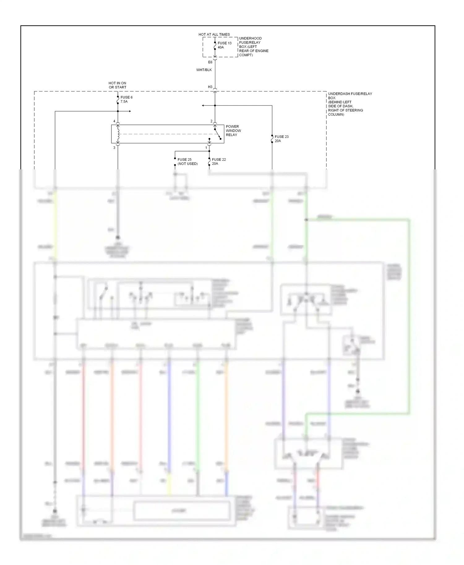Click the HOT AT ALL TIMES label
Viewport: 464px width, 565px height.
tap(214, 34)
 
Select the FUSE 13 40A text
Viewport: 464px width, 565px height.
tap(225, 45)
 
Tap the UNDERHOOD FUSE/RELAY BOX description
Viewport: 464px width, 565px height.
tap(254, 47)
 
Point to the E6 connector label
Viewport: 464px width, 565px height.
tap(210, 62)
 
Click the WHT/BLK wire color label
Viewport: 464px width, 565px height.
tap(204, 70)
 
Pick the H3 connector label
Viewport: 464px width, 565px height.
tap(210, 87)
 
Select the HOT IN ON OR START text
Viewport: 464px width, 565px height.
tap(117, 85)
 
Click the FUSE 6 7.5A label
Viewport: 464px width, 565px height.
tap(127, 99)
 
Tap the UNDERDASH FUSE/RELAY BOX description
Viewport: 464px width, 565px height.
tap(350, 104)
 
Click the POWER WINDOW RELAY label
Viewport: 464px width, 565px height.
tap(233, 130)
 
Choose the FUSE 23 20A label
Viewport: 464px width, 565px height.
tap(281, 138)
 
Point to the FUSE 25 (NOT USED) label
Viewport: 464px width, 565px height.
tap(187, 162)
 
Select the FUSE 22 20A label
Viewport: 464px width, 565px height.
tap(219, 161)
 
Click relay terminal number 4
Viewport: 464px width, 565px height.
tap(114, 121)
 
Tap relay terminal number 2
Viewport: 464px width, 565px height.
tap(212, 121)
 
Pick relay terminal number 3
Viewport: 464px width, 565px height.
tap(114, 148)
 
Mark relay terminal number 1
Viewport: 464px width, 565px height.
tap(206, 148)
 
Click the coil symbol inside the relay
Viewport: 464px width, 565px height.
tap(118, 134)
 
